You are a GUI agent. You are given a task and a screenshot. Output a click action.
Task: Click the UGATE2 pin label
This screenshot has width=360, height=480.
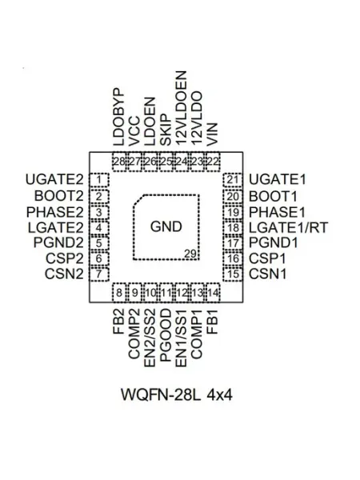pyautogui.click(x=54, y=180)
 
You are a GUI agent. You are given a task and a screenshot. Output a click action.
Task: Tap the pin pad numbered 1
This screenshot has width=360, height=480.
pyautogui.click(x=99, y=180)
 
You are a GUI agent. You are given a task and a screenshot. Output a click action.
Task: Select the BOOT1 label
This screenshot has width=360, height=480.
pyautogui.click(x=273, y=196)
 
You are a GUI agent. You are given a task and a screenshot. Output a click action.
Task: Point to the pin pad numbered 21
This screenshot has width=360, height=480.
pyautogui.click(x=233, y=180)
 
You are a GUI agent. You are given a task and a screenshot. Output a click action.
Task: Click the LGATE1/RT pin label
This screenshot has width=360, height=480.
pyautogui.click(x=288, y=227)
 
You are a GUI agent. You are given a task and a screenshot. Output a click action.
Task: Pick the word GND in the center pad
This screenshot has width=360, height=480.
pyautogui.click(x=166, y=226)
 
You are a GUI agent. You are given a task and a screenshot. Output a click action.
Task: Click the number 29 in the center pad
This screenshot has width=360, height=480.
pyautogui.click(x=190, y=254)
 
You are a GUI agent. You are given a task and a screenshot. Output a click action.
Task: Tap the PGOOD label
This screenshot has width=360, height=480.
pyautogui.click(x=166, y=335)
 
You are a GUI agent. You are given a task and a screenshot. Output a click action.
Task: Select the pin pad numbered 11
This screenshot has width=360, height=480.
pyautogui.click(x=166, y=293)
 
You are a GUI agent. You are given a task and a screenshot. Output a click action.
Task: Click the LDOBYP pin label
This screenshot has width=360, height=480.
pyautogui.click(x=118, y=117)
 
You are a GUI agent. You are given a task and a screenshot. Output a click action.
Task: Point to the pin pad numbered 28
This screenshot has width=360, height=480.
pyautogui.click(x=119, y=162)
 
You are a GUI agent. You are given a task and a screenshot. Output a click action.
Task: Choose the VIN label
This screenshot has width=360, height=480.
pyautogui.click(x=213, y=134)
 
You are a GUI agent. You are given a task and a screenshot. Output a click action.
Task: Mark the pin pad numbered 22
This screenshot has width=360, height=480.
pyautogui.click(x=213, y=162)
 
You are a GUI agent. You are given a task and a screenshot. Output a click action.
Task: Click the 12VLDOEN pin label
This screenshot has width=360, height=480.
pyautogui.click(x=182, y=108)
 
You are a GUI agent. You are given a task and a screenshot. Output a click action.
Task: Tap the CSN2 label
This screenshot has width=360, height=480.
pyautogui.click(x=64, y=274)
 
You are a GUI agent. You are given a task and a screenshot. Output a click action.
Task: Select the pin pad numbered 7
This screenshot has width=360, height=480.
pyautogui.click(x=99, y=274)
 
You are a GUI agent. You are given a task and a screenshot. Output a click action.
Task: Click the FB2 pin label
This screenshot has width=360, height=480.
pyautogui.click(x=118, y=321)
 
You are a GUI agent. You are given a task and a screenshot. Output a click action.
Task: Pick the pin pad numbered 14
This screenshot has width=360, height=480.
pyautogui.click(x=213, y=293)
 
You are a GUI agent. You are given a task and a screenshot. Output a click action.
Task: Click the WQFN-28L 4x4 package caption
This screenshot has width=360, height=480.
pyautogui.click(x=177, y=394)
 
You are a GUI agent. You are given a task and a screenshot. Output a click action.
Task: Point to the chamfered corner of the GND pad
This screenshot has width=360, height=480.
pyautogui.click(x=138, y=200)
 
